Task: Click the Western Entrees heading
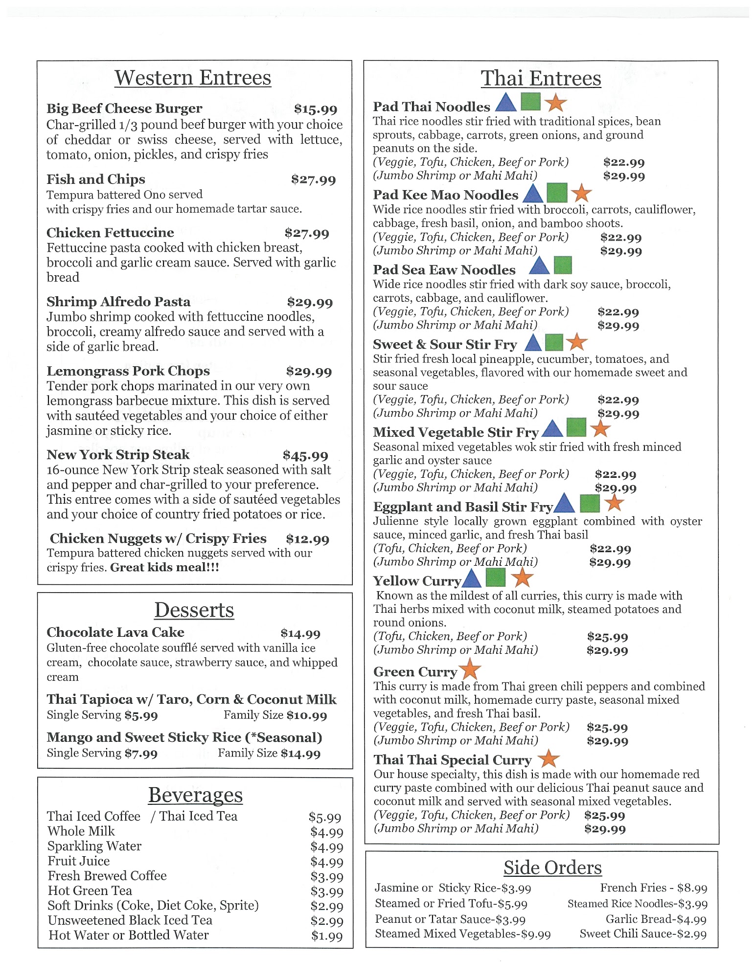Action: coord(193,78)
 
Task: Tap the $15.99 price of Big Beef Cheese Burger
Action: coord(316,109)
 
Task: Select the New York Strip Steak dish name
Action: coord(118,455)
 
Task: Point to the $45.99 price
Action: coord(305,456)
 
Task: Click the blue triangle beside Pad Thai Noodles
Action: coord(506,103)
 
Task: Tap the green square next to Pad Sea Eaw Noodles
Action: coord(563,265)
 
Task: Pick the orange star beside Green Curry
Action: coord(470,669)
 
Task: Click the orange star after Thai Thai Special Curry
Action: coord(549,758)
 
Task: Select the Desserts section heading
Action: coord(194,610)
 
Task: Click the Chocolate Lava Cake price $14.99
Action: coord(300,634)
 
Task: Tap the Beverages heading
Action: coord(195,795)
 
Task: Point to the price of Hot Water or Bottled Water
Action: coord(327,936)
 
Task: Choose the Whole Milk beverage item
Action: coord(81,831)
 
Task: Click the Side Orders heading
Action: coord(552,868)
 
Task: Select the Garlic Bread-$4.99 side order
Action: coord(656,919)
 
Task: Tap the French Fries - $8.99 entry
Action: coord(654,888)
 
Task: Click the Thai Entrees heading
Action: coord(541,79)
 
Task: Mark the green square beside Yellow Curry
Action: coord(496,578)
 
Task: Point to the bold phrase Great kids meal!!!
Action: coord(164,568)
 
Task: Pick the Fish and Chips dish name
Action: coord(96,179)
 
